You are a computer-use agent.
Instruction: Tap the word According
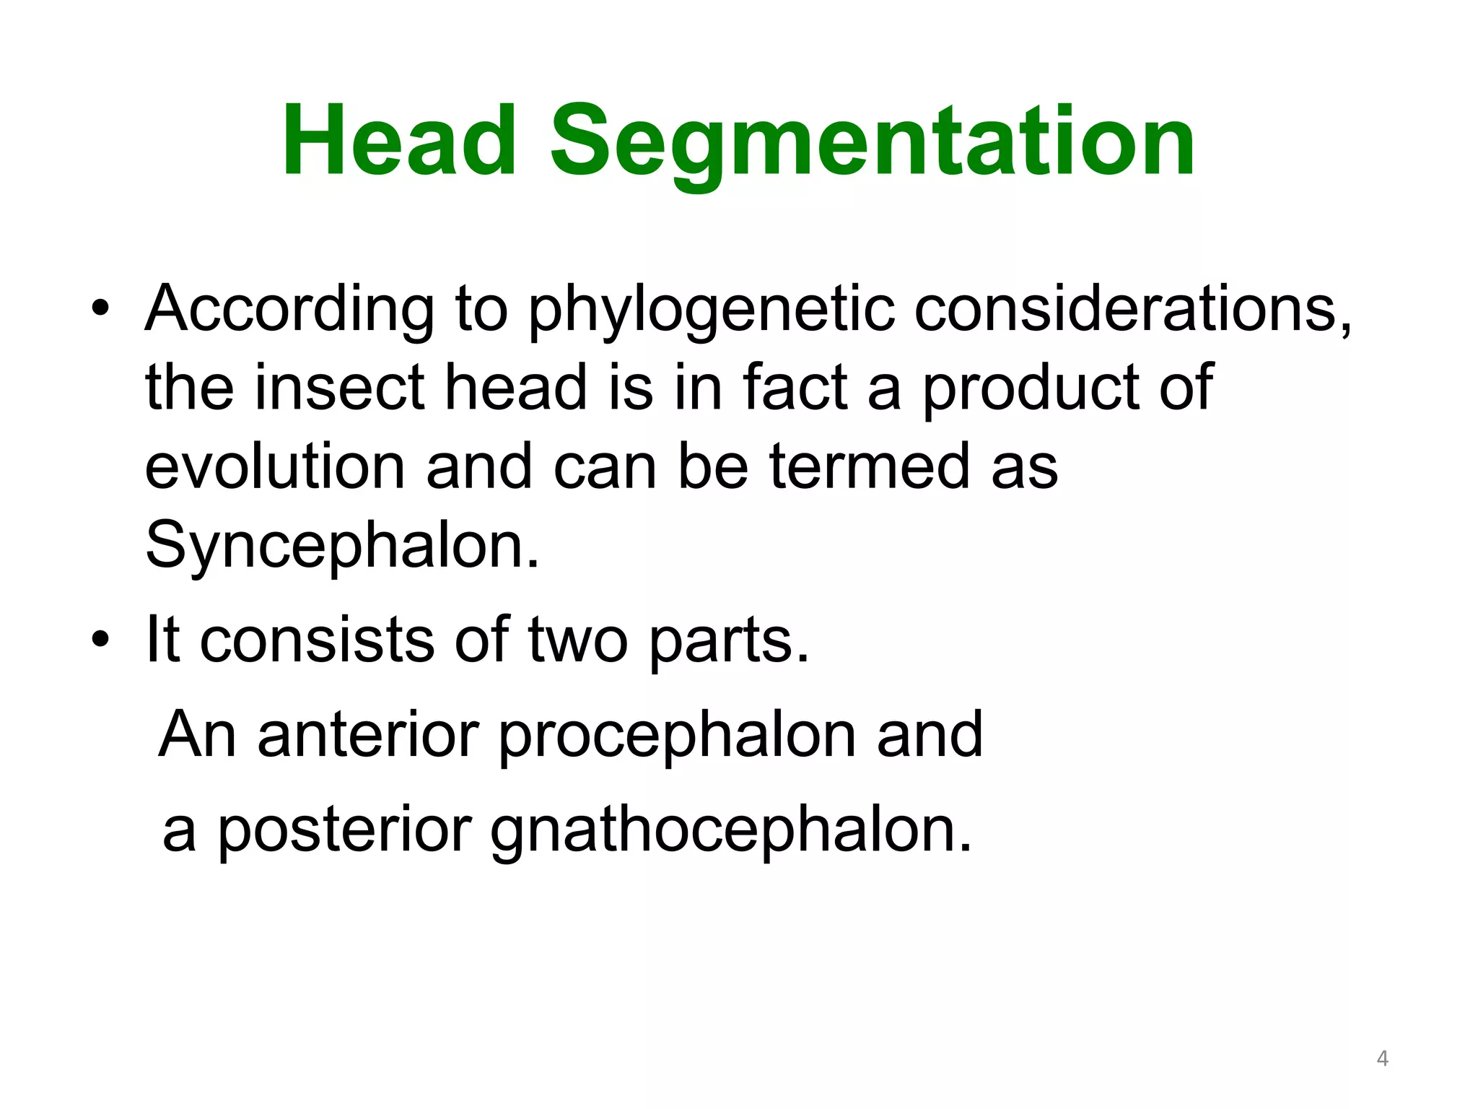289,309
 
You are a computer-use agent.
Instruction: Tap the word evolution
275,467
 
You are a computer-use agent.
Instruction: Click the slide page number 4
1382,1058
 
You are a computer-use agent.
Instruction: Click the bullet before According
100,309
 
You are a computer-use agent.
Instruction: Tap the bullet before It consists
100,640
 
